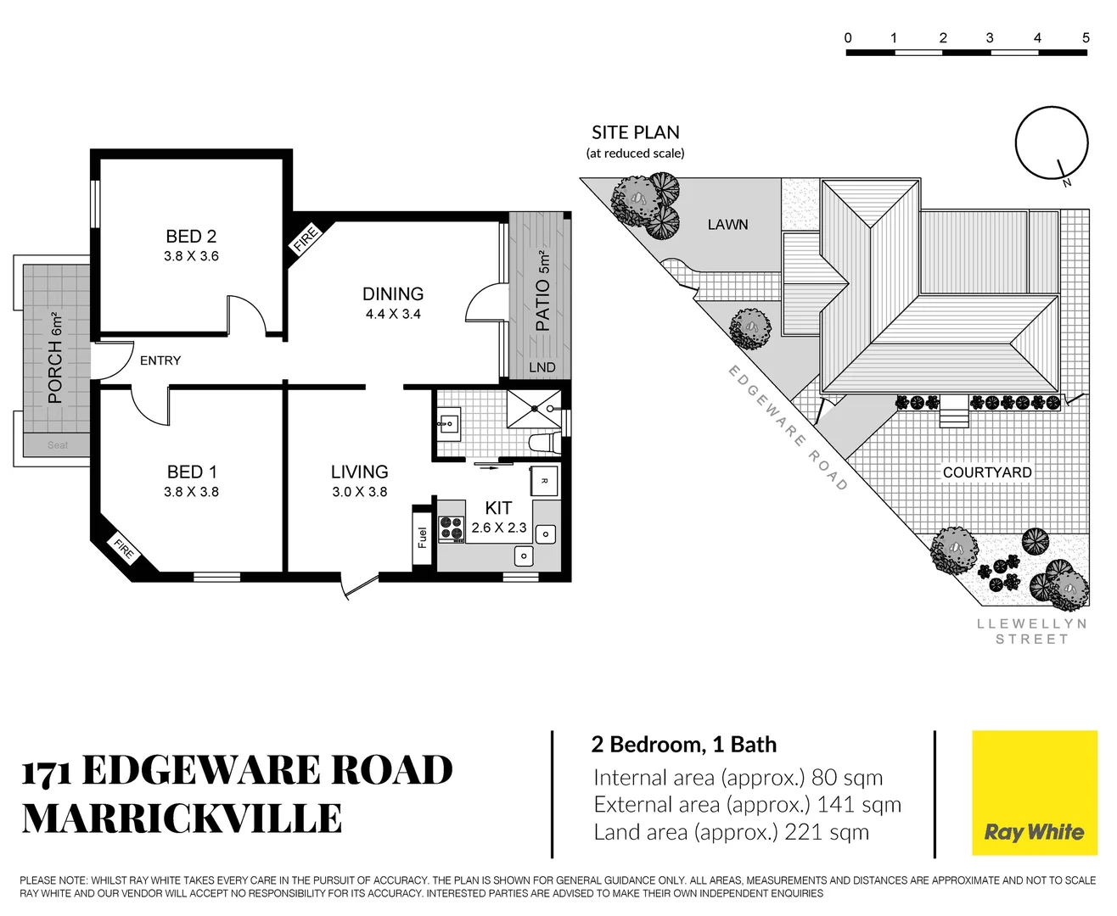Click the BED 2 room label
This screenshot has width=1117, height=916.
pyautogui.click(x=191, y=237)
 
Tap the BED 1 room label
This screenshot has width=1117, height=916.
pyautogui.click(x=192, y=472)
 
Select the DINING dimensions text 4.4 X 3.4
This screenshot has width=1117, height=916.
pyautogui.click(x=393, y=314)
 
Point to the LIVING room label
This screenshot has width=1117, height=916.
pyautogui.click(x=359, y=472)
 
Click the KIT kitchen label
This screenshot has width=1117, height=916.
pyautogui.click(x=498, y=507)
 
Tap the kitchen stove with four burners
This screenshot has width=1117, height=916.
pyautogui.click(x=451, y=528)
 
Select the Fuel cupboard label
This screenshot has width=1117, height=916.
pyautogui.click(x=423, y=538)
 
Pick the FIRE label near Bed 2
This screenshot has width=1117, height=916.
pyautogui.click(x=305, y=239)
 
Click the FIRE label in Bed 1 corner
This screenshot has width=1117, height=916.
pyautogui.click(x=124, y=550)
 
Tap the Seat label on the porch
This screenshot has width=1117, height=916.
pyautogui.click(x=58, y=445)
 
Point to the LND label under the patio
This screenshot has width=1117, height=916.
pyautogui.click(x=542, y=367)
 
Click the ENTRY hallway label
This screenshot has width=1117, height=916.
pyautogui.click(x=160, y=360)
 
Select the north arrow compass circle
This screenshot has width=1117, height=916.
pyautogui.click(x=1052, y=143)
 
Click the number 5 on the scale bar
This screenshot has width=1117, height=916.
pyautogui.click(x=1086, y=38)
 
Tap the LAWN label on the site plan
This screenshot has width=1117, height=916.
pyautogui.click(x=727, y=225)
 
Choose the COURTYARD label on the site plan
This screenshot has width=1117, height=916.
pyautogui.click(x=987, y=472)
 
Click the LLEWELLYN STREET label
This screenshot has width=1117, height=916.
pyautogui.click(x=1031, y=631)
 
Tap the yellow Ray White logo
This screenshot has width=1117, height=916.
pyautogui.click(x=1034, y=793)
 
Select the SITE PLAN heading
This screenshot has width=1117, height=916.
pyautogui.click(x=635, y=133)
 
